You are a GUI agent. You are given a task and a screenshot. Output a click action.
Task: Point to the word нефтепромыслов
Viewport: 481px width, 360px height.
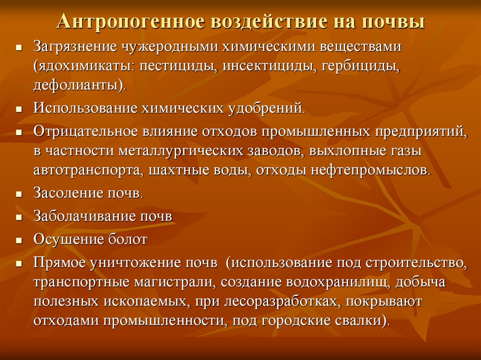point(369,170)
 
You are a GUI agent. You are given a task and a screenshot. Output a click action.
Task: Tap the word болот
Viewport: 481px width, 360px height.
point(128,239)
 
